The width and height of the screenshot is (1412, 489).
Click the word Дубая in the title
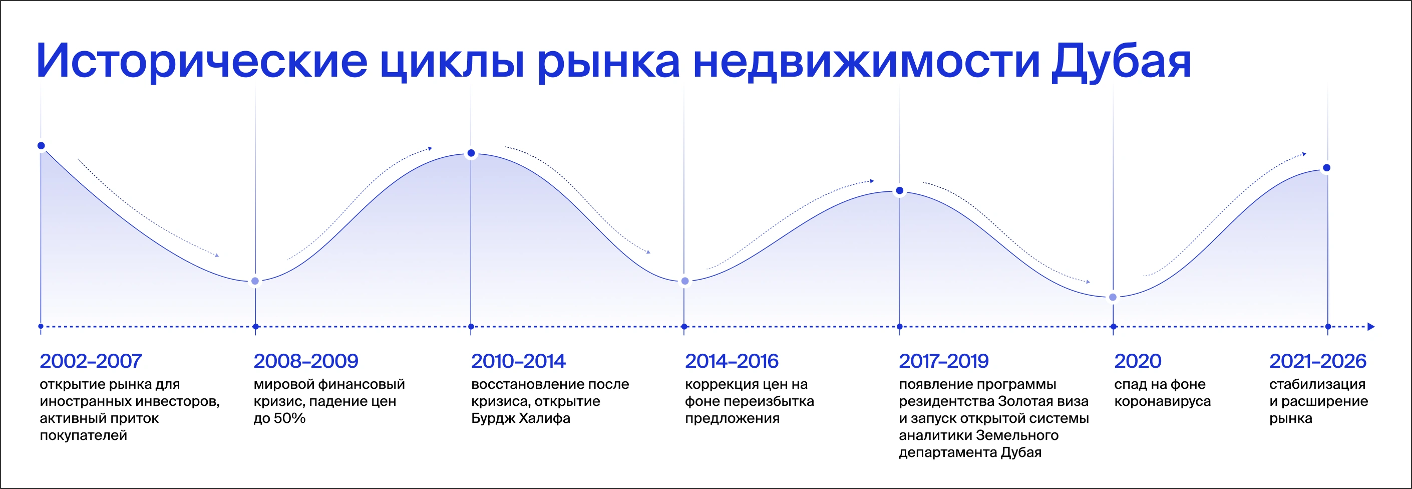click(1121, 62)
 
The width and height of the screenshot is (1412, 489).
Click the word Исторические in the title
click(202, 62)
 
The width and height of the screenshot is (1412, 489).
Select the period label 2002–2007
click(91, 361)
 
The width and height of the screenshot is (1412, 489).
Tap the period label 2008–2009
click(306, 361)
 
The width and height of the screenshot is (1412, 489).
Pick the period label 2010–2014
click(518, 361)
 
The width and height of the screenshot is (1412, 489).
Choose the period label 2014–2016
click(732, 361)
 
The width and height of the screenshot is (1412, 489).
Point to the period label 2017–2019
click(944, 361)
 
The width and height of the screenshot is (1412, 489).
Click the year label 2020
click(1138, 361)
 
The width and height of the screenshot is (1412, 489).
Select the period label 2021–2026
click(1318, 361)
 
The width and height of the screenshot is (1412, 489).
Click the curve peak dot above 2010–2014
click(471, 153)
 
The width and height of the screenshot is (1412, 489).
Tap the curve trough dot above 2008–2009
click(255, 281)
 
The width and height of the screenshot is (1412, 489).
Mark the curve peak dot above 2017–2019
click(899, 191)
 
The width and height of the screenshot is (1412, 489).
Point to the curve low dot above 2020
click(1113, 297)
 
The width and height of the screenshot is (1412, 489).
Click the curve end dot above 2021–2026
click(1326, 168)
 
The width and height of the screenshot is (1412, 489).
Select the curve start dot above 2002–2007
click(41, 146)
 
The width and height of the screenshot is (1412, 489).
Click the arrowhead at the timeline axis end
click(1371, 327)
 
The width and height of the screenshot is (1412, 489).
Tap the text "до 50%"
click(279, 418)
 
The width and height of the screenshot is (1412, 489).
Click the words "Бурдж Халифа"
click(521, 418)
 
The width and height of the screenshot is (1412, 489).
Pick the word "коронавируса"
click(1162, 401)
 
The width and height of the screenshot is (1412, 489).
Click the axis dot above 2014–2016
click(684, 327)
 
